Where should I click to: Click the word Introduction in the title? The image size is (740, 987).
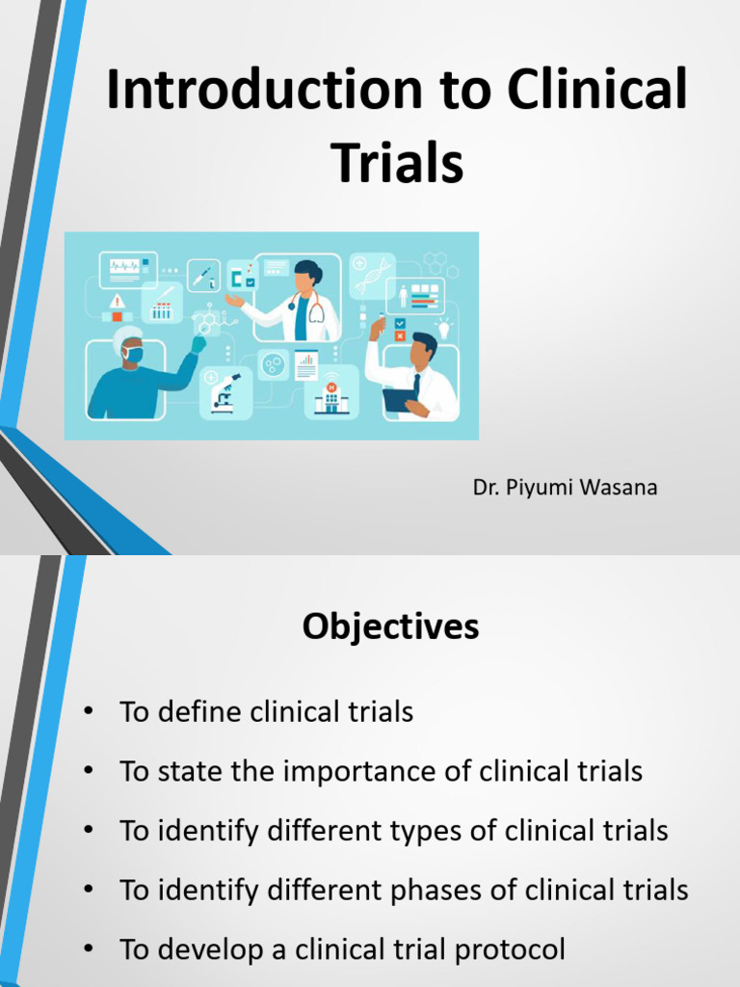[x=259, y=91]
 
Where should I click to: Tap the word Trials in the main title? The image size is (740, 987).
[x=398, y=162]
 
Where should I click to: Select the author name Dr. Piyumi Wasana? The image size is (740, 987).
[x=565, y=488]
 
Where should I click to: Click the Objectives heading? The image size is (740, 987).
[x=390, y=627]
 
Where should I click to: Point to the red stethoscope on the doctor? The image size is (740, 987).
[x=315, y=310]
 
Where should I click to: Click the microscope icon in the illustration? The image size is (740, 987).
[x=225, y=392]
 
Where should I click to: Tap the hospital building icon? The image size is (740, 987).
[x=331, y=397]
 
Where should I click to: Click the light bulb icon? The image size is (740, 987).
[x=444, y=328]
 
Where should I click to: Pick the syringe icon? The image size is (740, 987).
[x=203, y=276]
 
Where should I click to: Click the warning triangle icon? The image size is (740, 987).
[x=118, y=300]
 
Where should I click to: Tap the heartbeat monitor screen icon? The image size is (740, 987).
[x=127, y=266]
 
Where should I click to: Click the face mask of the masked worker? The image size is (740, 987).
[x=133, y=355]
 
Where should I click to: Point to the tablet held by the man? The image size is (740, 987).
[x=399, y=398]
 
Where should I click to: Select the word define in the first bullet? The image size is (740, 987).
[x=198, y=712]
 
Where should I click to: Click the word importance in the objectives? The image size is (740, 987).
[x=350, y=772]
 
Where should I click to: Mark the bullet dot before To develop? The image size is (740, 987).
[x=89, y=950]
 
